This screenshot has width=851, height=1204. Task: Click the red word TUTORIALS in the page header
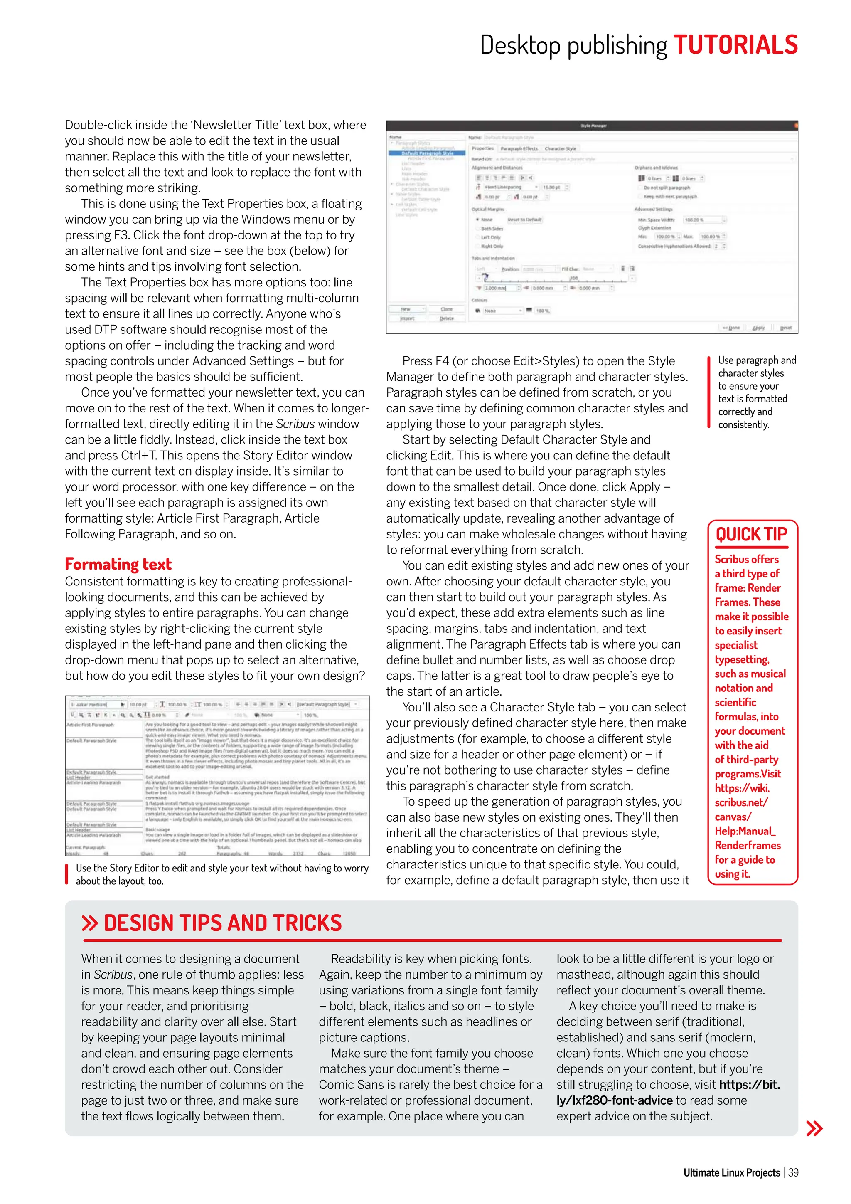735,45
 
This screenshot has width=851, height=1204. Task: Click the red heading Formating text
118,564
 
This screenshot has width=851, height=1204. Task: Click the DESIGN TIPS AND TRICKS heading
222,923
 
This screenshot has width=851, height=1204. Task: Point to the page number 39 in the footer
793,1172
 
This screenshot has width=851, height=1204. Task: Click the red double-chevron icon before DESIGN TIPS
90,923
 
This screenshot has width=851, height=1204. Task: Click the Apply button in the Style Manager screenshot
758,328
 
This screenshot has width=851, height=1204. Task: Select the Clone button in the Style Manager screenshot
446,309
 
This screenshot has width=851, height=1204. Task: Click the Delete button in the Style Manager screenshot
446,318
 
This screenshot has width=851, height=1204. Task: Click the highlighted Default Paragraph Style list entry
427,153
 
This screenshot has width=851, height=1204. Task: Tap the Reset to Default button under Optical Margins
524,220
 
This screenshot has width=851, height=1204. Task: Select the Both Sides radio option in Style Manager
478,229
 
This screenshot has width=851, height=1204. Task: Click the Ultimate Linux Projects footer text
731,1172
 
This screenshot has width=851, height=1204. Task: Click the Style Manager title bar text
593,126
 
